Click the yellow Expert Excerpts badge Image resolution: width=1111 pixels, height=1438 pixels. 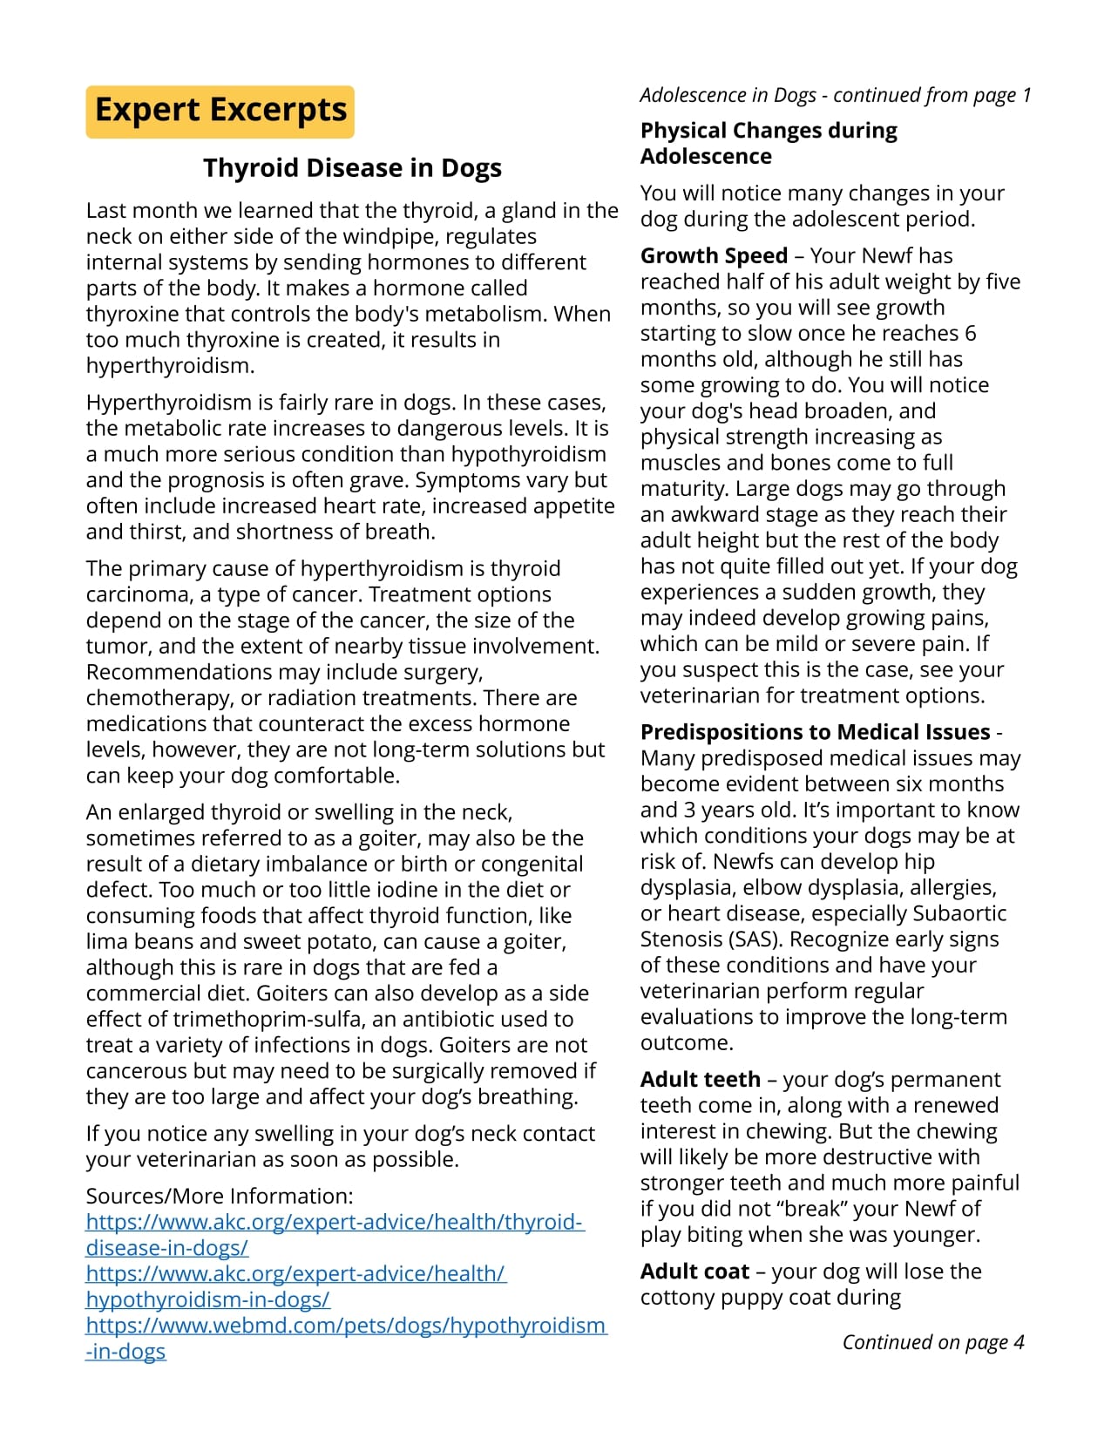220,112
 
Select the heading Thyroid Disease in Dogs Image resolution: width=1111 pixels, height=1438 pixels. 352,167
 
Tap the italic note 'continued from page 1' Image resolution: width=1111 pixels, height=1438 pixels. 835,95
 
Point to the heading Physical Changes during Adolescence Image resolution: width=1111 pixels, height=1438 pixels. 768,143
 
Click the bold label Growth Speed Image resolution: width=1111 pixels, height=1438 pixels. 714,256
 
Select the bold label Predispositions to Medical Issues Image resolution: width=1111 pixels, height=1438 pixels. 815,732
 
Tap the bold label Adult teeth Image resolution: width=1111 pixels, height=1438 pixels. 700,1080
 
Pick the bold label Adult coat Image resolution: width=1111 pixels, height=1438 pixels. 694,1272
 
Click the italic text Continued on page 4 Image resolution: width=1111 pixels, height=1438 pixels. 932,1342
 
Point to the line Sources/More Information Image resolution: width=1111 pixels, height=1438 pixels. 220,1197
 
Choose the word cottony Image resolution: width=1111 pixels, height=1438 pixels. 678,1298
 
